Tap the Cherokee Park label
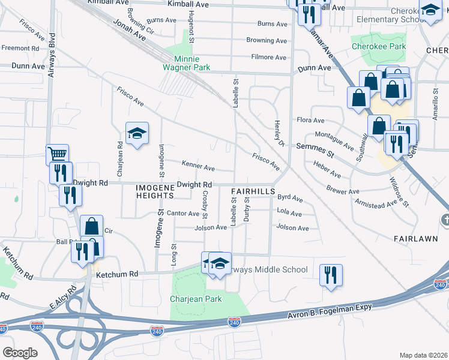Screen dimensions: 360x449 click(379, 46)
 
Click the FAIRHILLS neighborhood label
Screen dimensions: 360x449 click(253, 191)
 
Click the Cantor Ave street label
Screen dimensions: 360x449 click(183, 213)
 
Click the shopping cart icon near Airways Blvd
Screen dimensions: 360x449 click(57, 155)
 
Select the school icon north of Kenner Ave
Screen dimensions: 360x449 click(137, 134)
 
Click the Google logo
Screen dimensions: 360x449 click(20, 353)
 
